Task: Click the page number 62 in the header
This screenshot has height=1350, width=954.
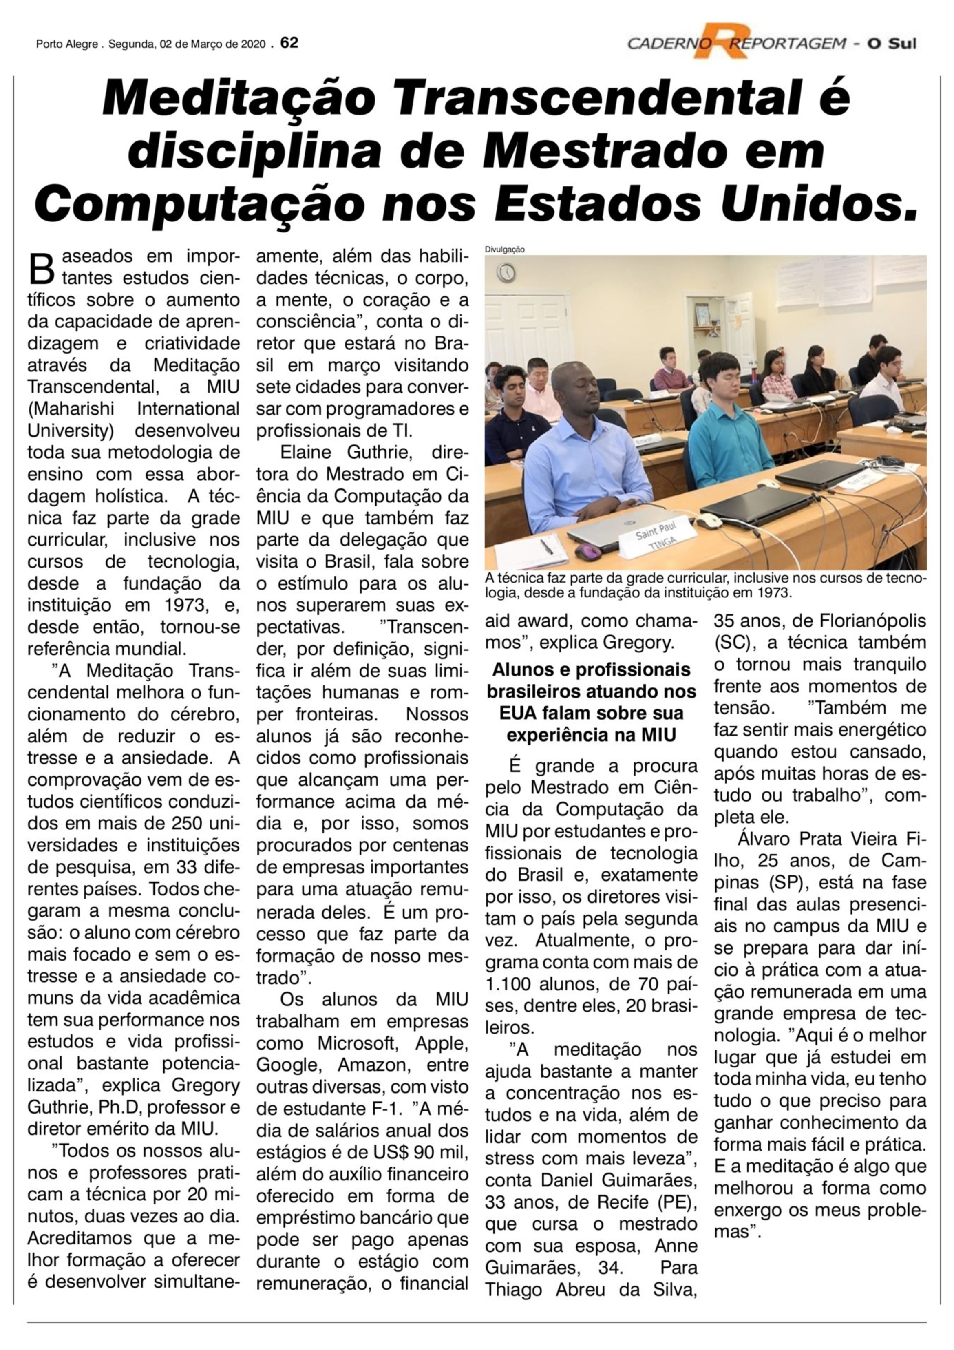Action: (x=290, y=43)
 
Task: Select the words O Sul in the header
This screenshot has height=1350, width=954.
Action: (x=893, y=44)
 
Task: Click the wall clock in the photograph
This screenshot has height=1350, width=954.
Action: (x=506, y=272)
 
